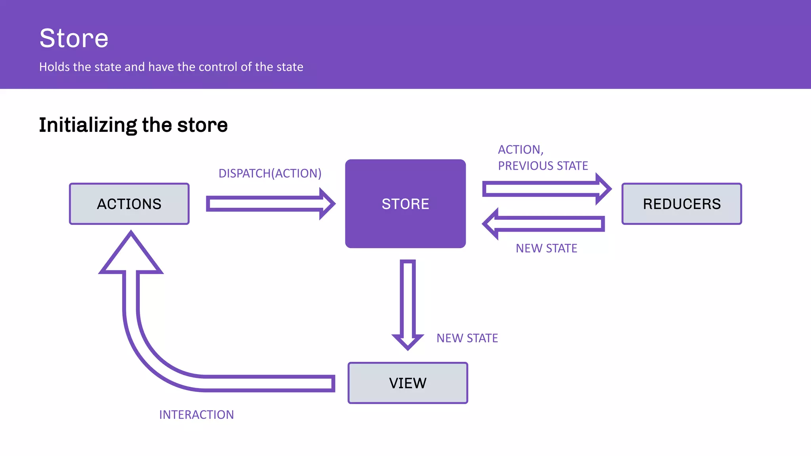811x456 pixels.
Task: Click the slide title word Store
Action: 74,38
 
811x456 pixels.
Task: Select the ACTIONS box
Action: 129,204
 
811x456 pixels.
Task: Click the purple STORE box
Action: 405,204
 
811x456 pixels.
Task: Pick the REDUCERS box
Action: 681,204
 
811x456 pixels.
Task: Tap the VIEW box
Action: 407,383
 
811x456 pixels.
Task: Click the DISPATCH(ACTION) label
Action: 270,173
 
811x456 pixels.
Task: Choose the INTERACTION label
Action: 196,414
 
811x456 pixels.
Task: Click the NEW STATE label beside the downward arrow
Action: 467,338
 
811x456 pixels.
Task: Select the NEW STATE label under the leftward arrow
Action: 546,248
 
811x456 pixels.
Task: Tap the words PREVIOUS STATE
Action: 543,165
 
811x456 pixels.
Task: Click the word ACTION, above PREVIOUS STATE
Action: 520,150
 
